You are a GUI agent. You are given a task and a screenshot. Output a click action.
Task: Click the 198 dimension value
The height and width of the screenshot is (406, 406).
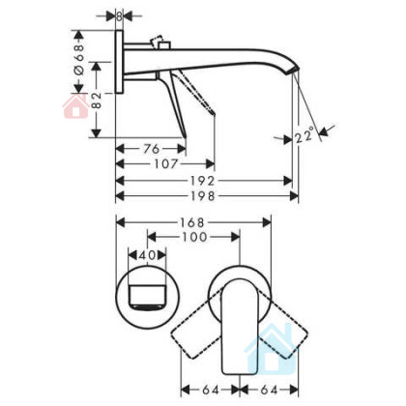pyautogui.click(x=202, y=196)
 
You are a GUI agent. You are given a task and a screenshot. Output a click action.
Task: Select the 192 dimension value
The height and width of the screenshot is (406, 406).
pyautogui.click(x=202, y=181)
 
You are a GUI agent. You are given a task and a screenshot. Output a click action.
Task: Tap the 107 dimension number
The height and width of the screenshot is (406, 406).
pyautogui.click(x=165, y=164)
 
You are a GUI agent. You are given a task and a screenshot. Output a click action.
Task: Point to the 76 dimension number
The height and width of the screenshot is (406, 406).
pyautogui.click(x=152, y=149)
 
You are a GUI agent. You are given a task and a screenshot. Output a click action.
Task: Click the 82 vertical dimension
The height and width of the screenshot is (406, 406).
pyautogui.click(x=96, y=101)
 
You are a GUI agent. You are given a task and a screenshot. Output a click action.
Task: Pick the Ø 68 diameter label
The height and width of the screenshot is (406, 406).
pyautogui.click(x=79, y=60)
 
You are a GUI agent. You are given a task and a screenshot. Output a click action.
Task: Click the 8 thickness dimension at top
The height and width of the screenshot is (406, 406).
pyautogui.click(x=119, y=16)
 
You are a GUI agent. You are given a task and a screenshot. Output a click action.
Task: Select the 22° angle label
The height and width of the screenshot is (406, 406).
pyautogui.click(x=304, y=134)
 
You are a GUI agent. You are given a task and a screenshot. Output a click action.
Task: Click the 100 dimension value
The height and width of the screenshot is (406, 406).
pyautogui.click(x=194, y=238)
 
